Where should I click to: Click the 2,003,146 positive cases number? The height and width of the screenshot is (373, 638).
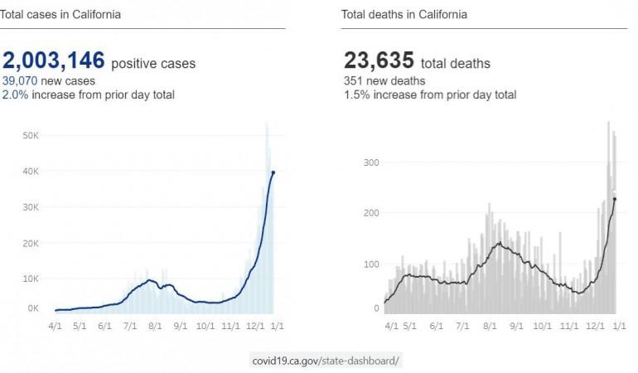click(54, 61)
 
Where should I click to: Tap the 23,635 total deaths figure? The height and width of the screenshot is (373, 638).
click(379, 61)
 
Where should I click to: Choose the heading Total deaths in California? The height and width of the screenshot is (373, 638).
click(404, 14)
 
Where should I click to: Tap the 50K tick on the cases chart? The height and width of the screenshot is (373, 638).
click(31, 135)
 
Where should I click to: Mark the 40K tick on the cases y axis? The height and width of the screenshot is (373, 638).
click(31, 172)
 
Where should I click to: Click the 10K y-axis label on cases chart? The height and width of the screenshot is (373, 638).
click(31, 279)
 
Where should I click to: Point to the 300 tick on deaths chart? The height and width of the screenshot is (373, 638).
click(372, 162)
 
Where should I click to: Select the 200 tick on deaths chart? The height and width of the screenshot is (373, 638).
click(372, 213)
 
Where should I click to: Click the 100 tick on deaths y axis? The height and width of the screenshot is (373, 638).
click(372, 264)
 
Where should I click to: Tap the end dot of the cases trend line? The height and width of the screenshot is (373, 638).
click(273, 172)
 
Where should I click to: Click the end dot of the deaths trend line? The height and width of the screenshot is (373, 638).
click(614, 199)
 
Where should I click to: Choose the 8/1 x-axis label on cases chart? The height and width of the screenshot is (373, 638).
click(155, 327)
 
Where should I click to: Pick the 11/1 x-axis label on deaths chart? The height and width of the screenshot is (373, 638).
click(569, 327)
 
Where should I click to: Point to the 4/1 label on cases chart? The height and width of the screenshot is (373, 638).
click(56, 327)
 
